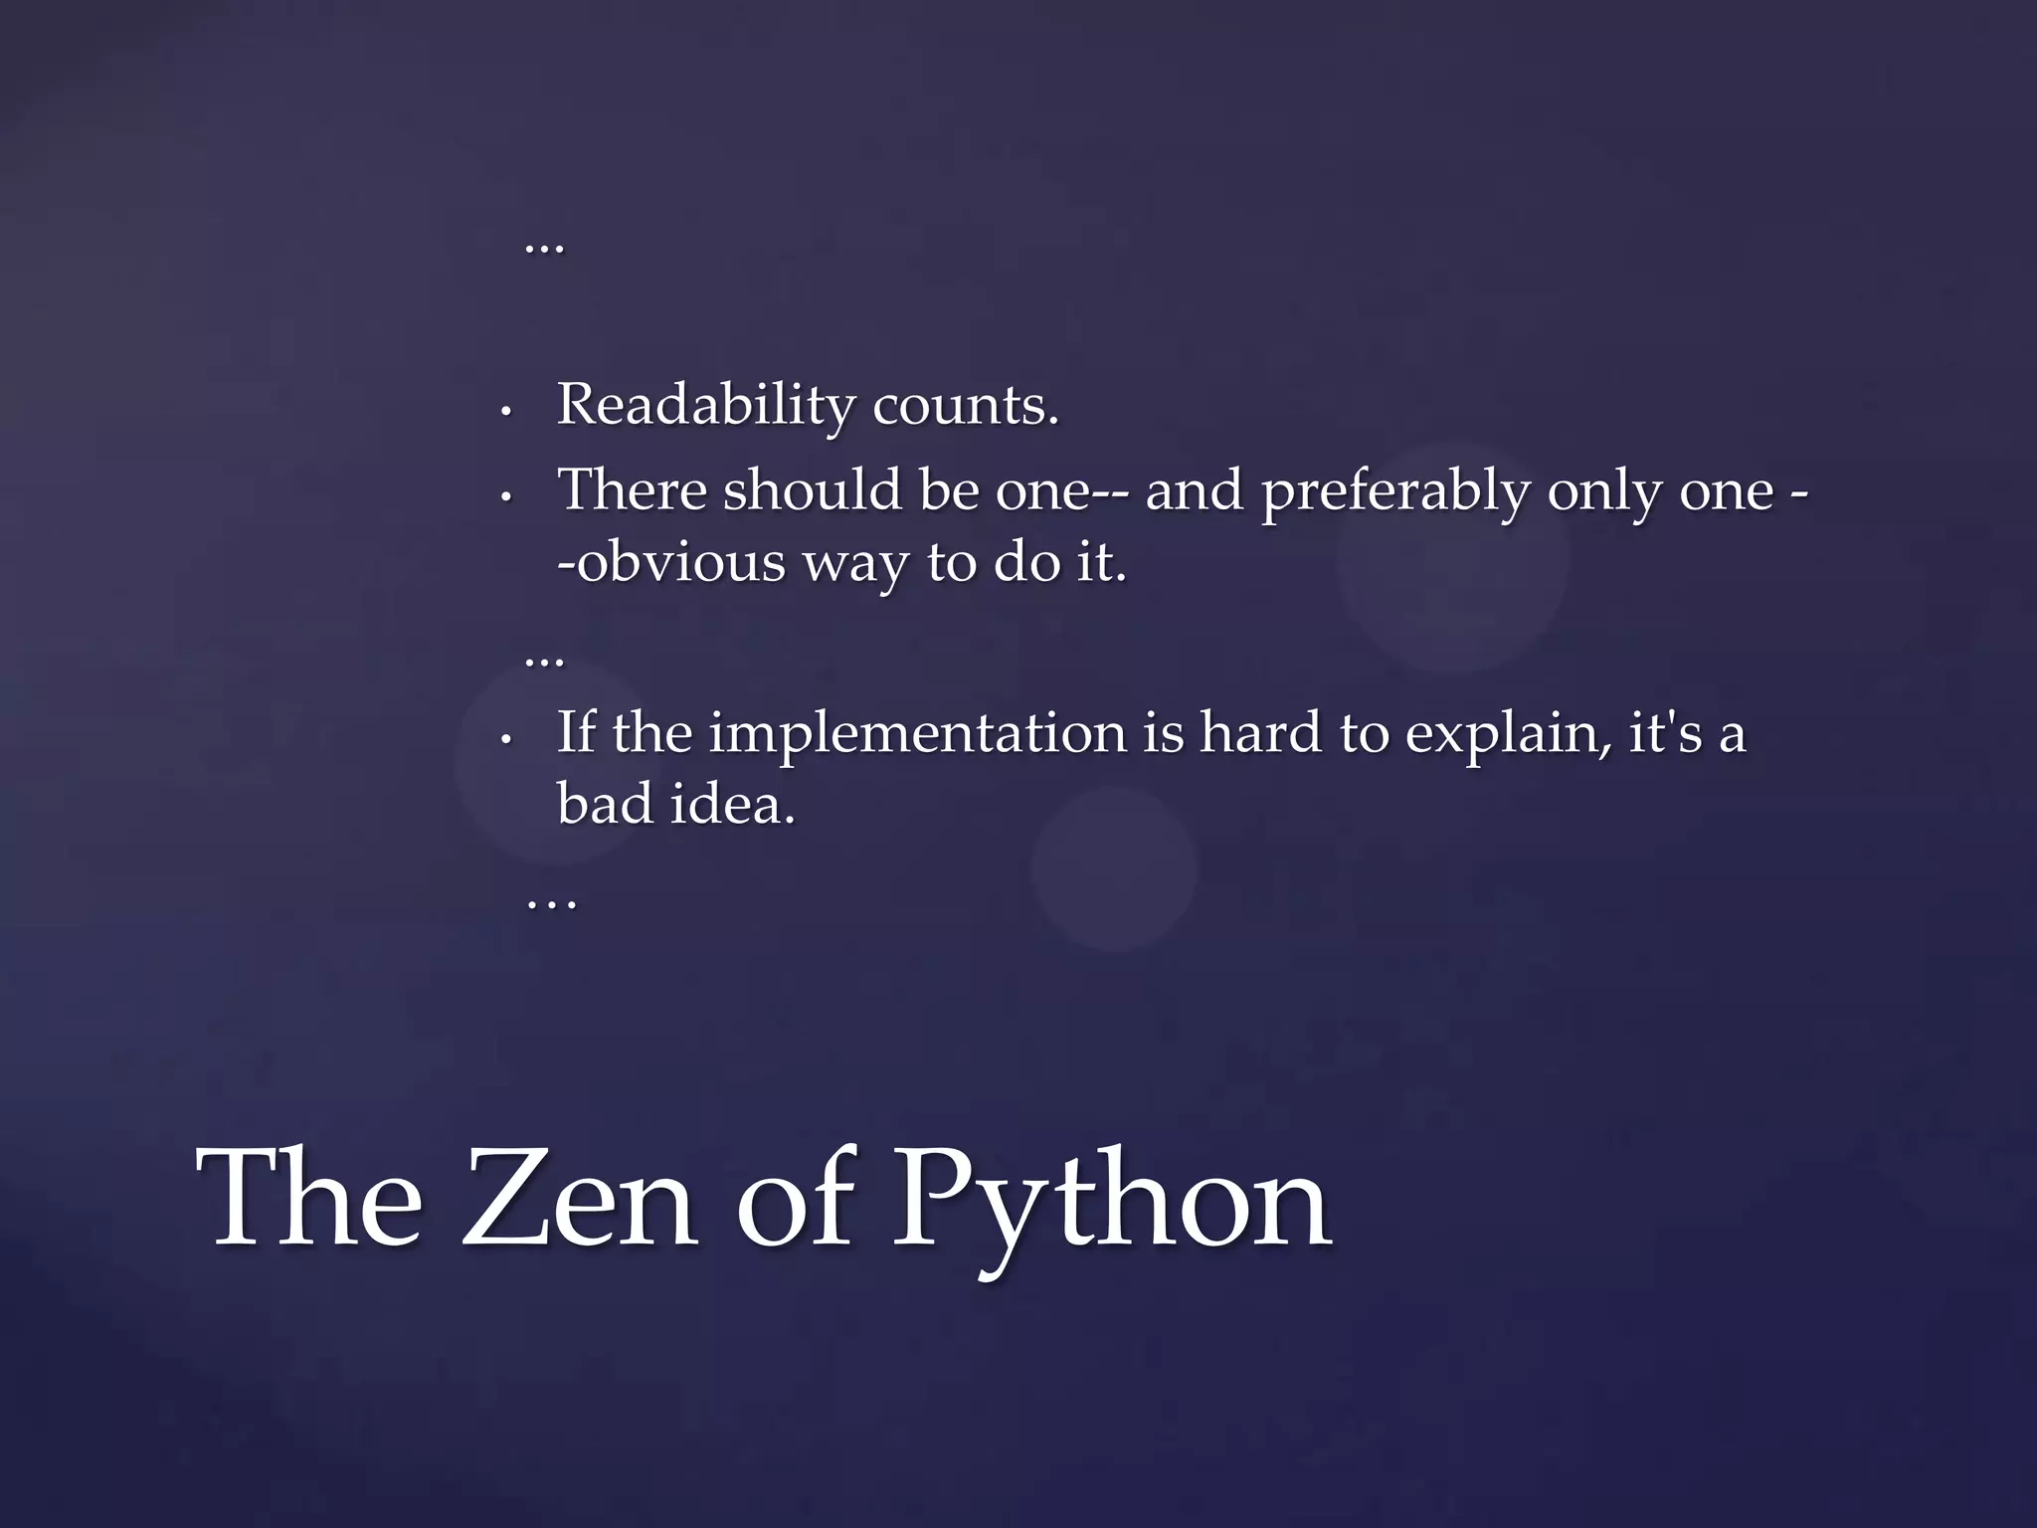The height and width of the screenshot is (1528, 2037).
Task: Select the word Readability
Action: (x=705, y=405)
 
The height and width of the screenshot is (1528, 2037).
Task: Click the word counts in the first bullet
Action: (x=965, y=405)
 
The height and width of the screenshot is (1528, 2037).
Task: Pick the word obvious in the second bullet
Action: (x=681, y=563)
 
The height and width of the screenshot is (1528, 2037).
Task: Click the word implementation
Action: (x=917, y=733)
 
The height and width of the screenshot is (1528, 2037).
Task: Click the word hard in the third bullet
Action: (x=1258, y=733)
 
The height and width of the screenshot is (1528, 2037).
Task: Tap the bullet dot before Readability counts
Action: (x=505, y=411)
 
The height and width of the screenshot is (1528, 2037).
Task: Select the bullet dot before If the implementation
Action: (x=505, y=739)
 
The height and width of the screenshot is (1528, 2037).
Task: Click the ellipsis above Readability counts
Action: (x=544, y=248)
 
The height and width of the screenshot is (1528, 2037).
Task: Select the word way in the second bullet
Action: (x=855, y=565)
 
